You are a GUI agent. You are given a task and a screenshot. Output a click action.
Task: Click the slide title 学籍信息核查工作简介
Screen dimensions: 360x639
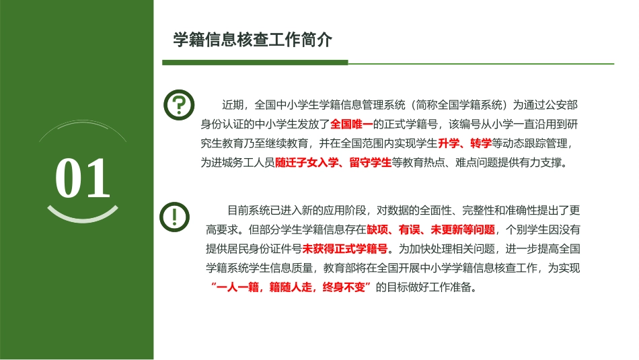pyautogui.click(x=253, y=40)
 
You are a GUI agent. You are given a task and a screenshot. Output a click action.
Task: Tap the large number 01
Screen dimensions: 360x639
pyautogui.click(x=82, y=179)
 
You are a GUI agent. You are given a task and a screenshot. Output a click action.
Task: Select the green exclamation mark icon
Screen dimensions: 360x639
pyautogui.click(x=175, y=216)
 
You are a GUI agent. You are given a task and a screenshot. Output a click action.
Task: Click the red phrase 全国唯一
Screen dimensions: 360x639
pyautogui.click(x=352, y=124)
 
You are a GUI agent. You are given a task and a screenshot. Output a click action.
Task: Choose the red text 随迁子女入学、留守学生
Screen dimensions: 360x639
pyautogui.click(x=333, y=163)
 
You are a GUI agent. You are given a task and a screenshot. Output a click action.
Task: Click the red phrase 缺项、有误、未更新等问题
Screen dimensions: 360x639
pyautogui.click(x=430, y=229)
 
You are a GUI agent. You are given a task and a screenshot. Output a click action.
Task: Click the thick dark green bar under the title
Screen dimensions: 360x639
pyautogui.click(x=256, y=63)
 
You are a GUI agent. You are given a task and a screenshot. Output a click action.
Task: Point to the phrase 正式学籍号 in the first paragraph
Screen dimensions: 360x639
pyautogui.click(x=411, y=124)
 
